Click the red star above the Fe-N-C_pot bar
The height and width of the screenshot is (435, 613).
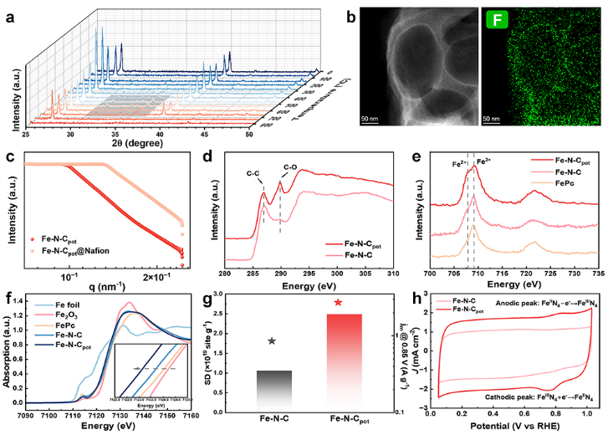point(338,302)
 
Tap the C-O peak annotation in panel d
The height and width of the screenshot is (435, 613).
point(290,168)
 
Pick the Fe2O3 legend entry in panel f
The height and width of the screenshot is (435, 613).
point(60,316)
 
